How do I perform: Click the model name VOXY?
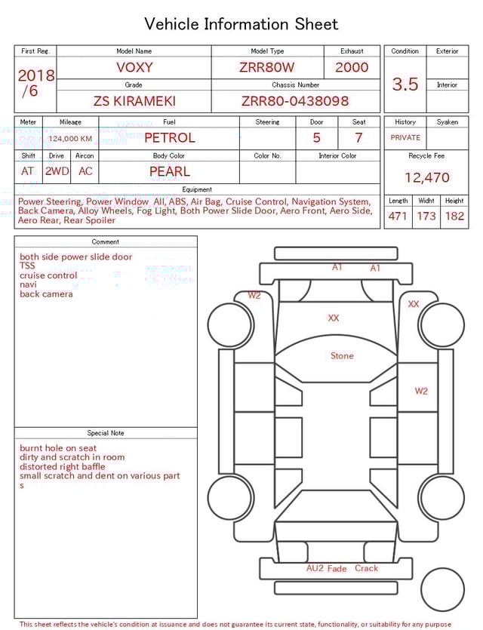[134, 67]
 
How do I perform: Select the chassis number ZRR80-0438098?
[295, 101]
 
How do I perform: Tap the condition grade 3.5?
[405, 85]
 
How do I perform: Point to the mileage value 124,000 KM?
[70, 139]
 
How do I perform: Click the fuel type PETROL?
[169, 138]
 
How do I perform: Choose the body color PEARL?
[169, 171]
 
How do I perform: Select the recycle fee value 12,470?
[426, 178]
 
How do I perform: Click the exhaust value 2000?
[352, 67]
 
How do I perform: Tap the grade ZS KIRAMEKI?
[134, 101]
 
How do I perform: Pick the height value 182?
[454, 217]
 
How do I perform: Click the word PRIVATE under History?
[405, 138]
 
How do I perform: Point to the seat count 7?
[358, 138]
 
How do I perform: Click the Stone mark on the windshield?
[342, 355]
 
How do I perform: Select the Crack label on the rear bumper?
[366, 568]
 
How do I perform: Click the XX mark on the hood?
[334, 318]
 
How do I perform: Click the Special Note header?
[106, 433]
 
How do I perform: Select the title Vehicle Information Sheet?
[241, 24]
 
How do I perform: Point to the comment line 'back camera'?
[46, 294]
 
